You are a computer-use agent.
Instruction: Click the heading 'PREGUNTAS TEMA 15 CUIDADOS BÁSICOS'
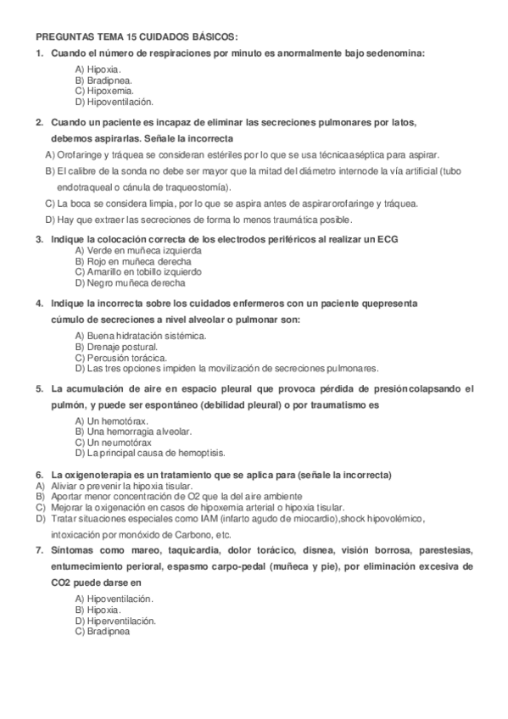[x=137, y=37]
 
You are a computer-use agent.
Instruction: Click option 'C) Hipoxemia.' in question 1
[x=103, y=90]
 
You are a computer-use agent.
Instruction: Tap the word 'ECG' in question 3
[x=388, y=240]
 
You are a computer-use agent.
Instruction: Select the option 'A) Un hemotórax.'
[x=111, y=421]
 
